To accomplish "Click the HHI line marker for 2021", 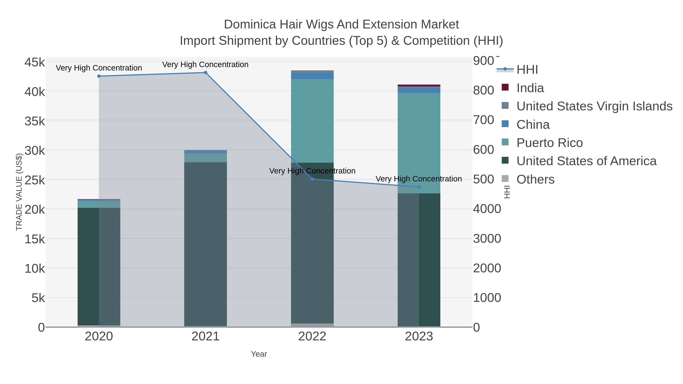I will click(x=205, y=73).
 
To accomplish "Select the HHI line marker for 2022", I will click(x=312, y=179).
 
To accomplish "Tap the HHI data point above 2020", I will click(x=99, y=76).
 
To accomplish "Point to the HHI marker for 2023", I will click(x=419, y=187).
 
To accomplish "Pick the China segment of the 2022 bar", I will click(x=312, y=76).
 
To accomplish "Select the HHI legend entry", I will click(x=527, y=70).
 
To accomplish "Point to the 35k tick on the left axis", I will click(x=35, y=121).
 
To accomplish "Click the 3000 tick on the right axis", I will click(x=487, y=239).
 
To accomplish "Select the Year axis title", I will click(x=259, y=354).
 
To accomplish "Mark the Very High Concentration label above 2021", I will click(x=205, y=64).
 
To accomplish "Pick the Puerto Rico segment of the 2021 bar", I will click(x=205, y=158).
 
